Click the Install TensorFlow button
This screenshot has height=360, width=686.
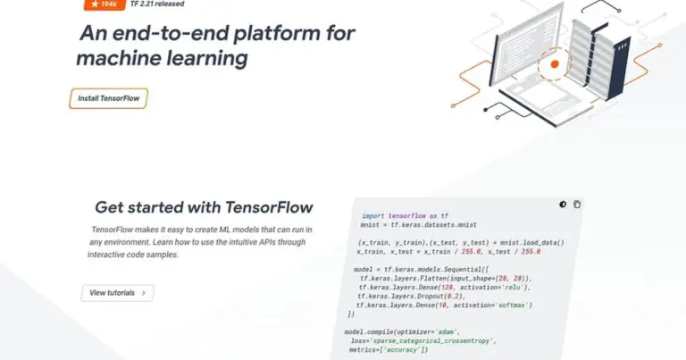[108, 98]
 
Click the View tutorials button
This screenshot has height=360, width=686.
[117, 292]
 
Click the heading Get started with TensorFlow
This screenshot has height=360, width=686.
[204, 207]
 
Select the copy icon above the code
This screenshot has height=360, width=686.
[577, 205]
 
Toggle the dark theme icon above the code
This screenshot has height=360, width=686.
[563, 205]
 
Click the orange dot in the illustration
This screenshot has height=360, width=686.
[555, 64]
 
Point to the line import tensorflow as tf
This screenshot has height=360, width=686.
[406, 216]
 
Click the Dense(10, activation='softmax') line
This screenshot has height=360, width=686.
[444, 305]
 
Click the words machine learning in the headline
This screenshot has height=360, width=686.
[161, 59]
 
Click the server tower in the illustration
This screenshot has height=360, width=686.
[602, 54]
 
